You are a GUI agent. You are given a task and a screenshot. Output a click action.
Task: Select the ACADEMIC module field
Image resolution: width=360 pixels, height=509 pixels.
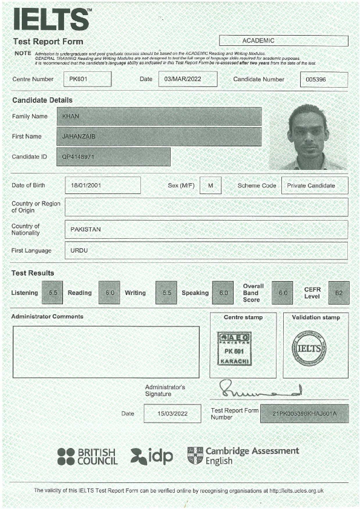pyautogui.click(x=283, y=41)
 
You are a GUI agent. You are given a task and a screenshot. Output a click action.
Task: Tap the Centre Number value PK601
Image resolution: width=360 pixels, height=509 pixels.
pyautogui.click(x=87, y=79)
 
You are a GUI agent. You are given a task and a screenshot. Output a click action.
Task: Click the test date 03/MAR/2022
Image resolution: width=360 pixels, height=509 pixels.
pyautogui.click(x=187, y=79)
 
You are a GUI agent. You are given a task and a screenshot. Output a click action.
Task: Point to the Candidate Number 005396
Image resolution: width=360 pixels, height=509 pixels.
pyautogui.click(x=324, y=80)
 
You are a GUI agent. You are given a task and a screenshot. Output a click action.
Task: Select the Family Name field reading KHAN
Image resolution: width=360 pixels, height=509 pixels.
pyautogui.click(x=159, y=116)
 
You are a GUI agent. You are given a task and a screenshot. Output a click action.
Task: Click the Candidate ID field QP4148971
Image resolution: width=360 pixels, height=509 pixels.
pyautogui.click(x=113, y=157)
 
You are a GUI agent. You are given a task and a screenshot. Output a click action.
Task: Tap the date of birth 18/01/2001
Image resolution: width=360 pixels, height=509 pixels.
pyautogui.click(x=103, y=185)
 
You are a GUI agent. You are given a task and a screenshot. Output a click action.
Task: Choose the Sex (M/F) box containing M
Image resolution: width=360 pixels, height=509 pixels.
pyautogui.click(x=211, y=185)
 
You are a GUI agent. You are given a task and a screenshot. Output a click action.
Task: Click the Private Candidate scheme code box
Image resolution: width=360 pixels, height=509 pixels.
pyautogui.click(x=315, y=186)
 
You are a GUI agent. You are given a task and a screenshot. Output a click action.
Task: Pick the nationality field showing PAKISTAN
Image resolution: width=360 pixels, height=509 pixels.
pyautogui.click(x=206, y=229)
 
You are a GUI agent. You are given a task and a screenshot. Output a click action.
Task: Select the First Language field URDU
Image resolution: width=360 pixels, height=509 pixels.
pyautogui.click(x=206, y=250)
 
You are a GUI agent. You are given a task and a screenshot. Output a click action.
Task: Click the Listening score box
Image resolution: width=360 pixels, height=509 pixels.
pyautogui.click(x=53, y=293)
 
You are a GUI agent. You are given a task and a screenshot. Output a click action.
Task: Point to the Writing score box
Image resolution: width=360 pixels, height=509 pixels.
pyautogui.click(x=166, y=293)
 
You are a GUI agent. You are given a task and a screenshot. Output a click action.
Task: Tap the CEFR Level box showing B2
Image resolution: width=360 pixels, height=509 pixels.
pyautogui.click(x=339, y=293)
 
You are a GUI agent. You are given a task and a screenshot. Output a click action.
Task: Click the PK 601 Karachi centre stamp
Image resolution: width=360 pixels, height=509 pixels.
pyautogui.click(x=234, y=349)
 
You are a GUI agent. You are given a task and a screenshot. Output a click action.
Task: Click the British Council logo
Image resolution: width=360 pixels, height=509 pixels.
pyautogui.click(x=88, y=456)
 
